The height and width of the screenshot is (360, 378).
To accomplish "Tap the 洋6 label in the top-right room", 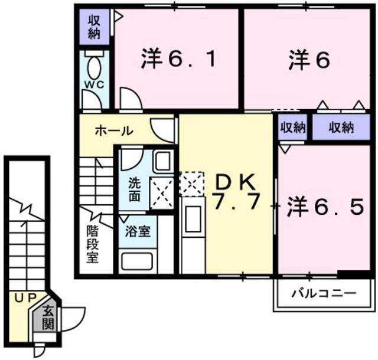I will (x=308, y=60).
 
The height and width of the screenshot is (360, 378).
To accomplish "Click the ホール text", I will (x=114, y=131).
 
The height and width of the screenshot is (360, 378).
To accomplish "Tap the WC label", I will (x=94, y=84).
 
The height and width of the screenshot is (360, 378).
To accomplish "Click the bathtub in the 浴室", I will (x=137, y=260).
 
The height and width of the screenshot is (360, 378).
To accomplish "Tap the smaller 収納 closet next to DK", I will (x=292, y=127).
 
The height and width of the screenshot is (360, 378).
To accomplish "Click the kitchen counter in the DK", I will (x=193, y=236).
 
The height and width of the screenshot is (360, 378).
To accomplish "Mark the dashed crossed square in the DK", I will (x=191, y=184).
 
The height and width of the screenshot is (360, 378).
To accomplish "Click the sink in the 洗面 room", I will (x=162, y=161).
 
